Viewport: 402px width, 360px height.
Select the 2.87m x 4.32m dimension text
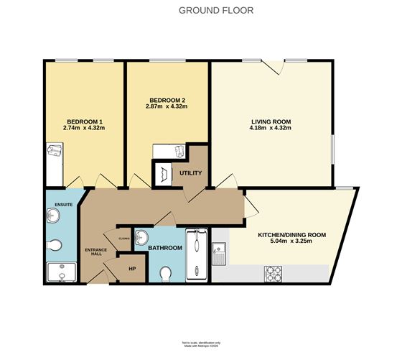tap(167, 106)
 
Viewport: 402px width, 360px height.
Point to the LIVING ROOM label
tap(271, 121)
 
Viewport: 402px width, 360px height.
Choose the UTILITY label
tap(190, 173)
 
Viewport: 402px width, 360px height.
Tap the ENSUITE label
tap(57, 195)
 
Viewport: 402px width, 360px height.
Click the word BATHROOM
tap(164, 248)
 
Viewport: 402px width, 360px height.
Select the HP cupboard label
tap(131, 269)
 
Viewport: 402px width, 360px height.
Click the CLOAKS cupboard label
tap(115, 231)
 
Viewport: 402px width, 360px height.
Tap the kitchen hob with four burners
tap(275, 273)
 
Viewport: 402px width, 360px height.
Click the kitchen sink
tap(222, 252)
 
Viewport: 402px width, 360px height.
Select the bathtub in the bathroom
tap(195, 254)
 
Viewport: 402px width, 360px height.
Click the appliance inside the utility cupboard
tap(164, 175)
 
